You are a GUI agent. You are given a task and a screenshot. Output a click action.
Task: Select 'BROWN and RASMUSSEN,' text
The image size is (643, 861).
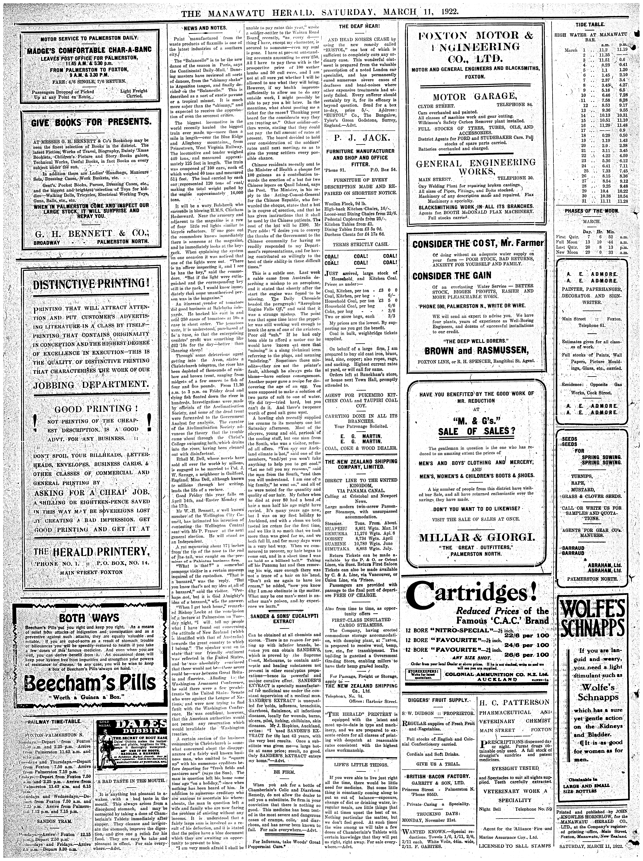477,351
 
